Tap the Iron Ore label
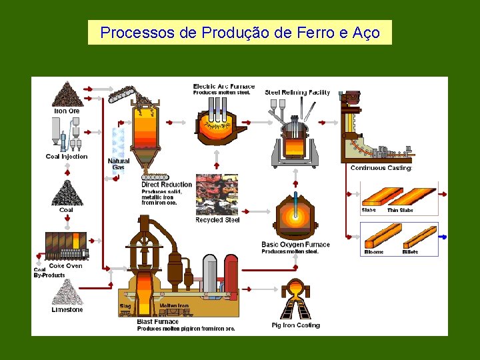click(67, 111)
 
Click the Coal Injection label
click(67, 157)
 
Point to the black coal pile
click(66, 193)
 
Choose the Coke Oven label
click(66, 266)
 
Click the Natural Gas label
click(119, 164)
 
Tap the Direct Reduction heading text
click(167, 185)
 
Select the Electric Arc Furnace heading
click(223, 87)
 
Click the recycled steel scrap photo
click(217, 195)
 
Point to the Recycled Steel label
click(217, 220)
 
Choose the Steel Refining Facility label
click(297, 93)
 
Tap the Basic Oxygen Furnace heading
click(295, 245)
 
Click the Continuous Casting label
click(381, 168)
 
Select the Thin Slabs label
click(400, 211)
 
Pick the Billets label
click(410, 252)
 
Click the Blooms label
click(374, 252)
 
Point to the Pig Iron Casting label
click(295, 325)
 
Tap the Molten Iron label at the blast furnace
click(174, 306)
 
